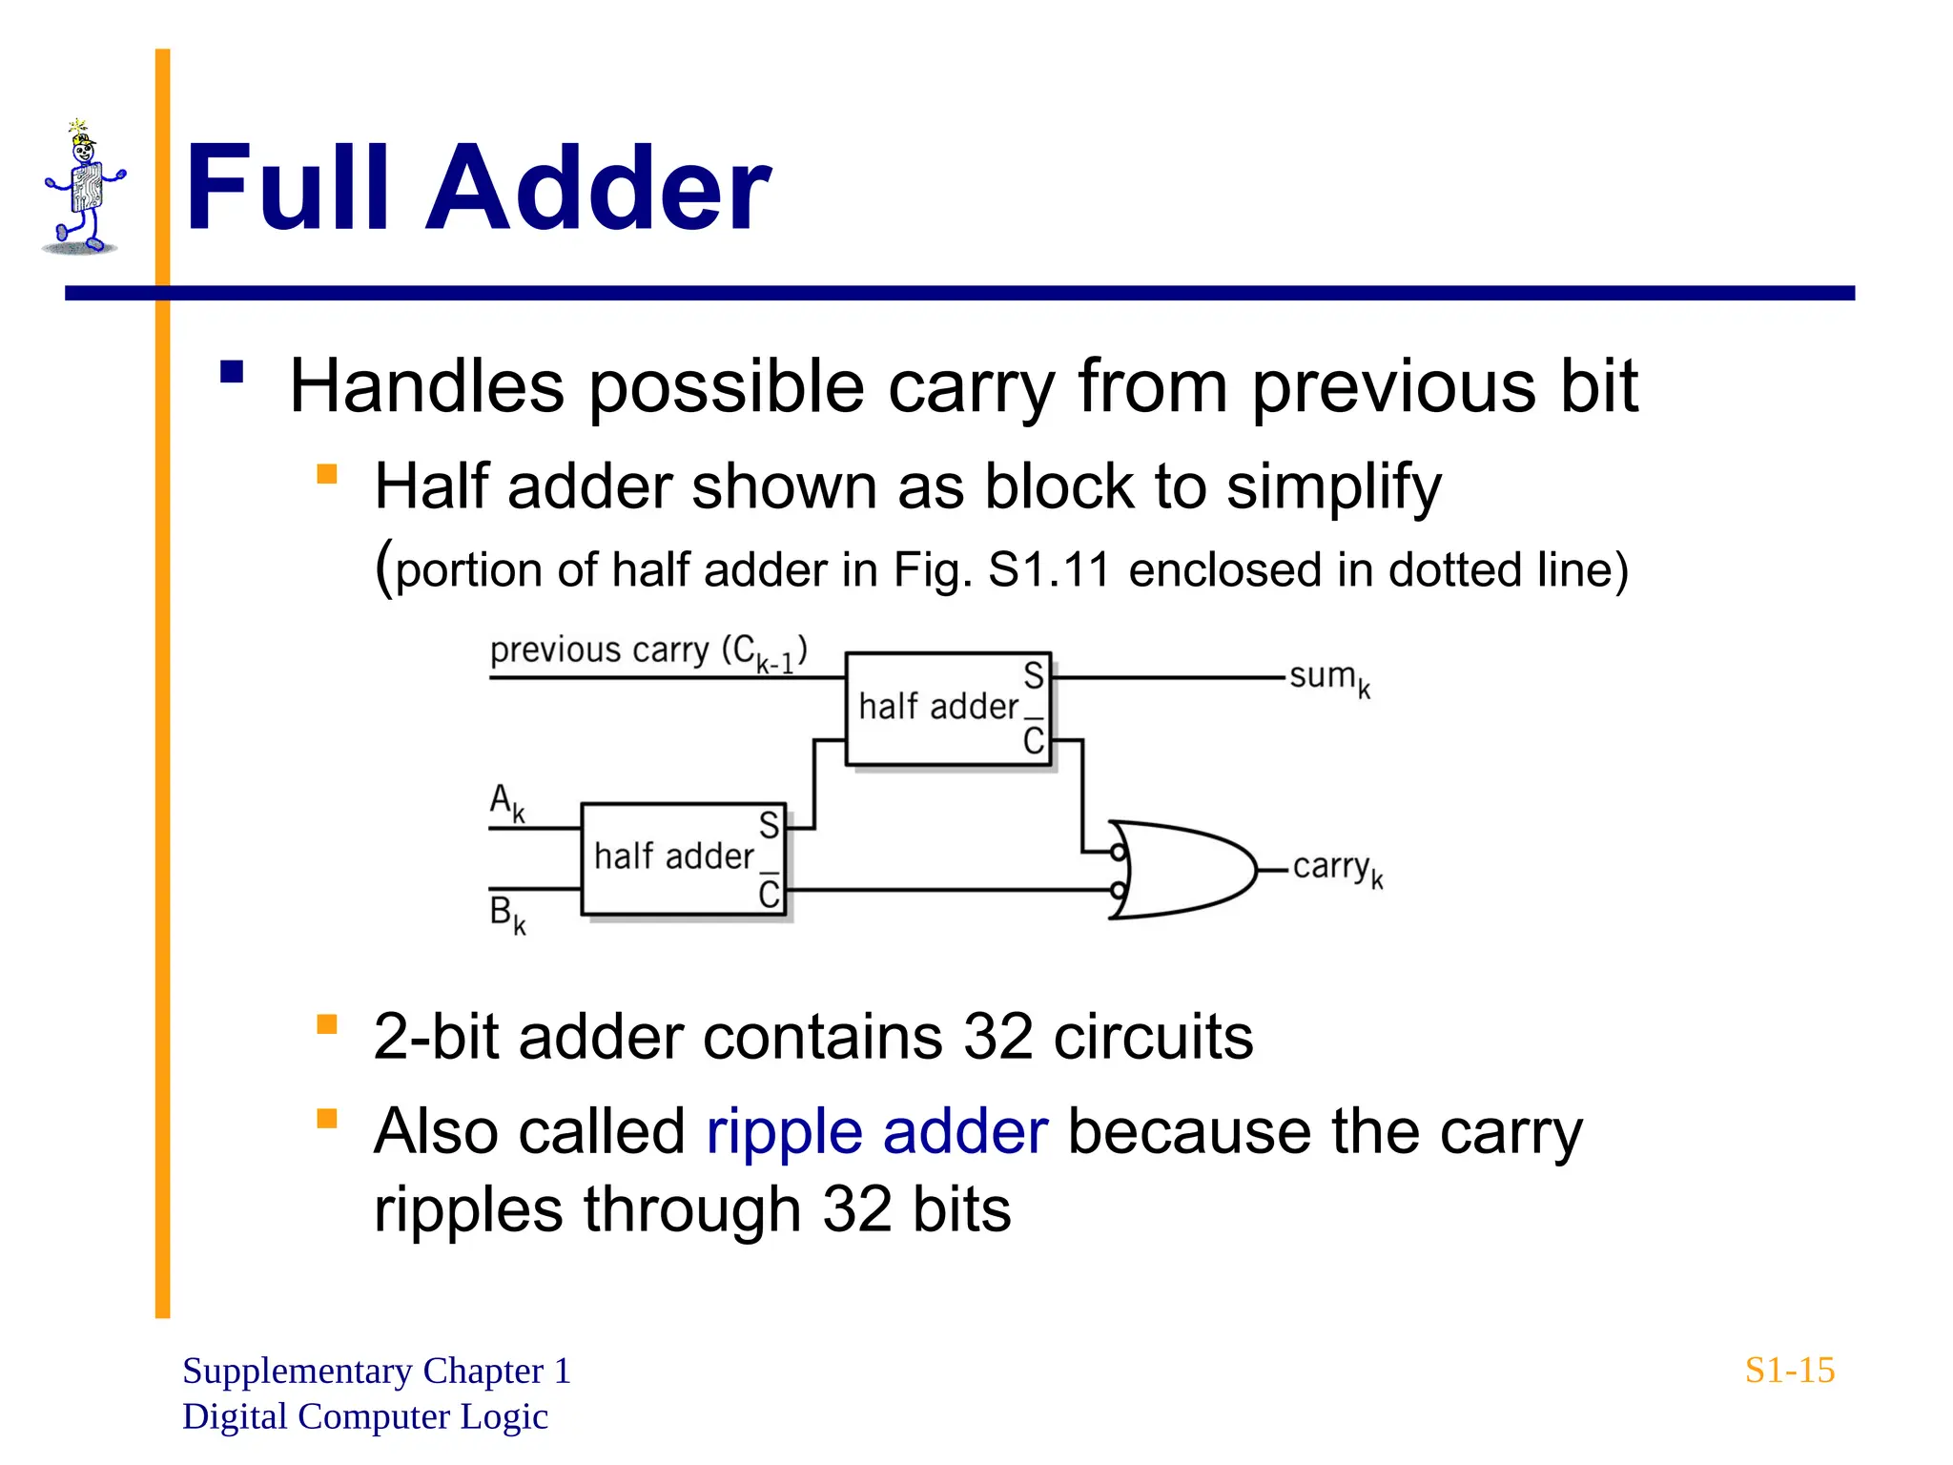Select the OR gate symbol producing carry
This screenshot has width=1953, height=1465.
(1182, 870)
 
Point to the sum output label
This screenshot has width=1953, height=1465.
(1329, 678)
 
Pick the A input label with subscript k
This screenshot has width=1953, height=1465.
(506, 802)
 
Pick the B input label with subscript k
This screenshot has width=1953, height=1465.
(506, 914)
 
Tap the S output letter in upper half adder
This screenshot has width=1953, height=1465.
(1034, 676)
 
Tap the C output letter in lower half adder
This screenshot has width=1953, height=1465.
(769, 894)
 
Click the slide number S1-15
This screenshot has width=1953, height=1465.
(1789, 1371)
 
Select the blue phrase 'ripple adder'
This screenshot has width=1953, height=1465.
(876, 1132)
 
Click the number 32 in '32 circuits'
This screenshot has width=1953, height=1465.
(997, 1037)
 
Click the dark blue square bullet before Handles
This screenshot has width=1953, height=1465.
(232, 371)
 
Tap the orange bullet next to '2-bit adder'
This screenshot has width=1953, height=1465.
(327, 1024)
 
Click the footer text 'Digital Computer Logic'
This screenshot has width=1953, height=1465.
(364, 1417)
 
